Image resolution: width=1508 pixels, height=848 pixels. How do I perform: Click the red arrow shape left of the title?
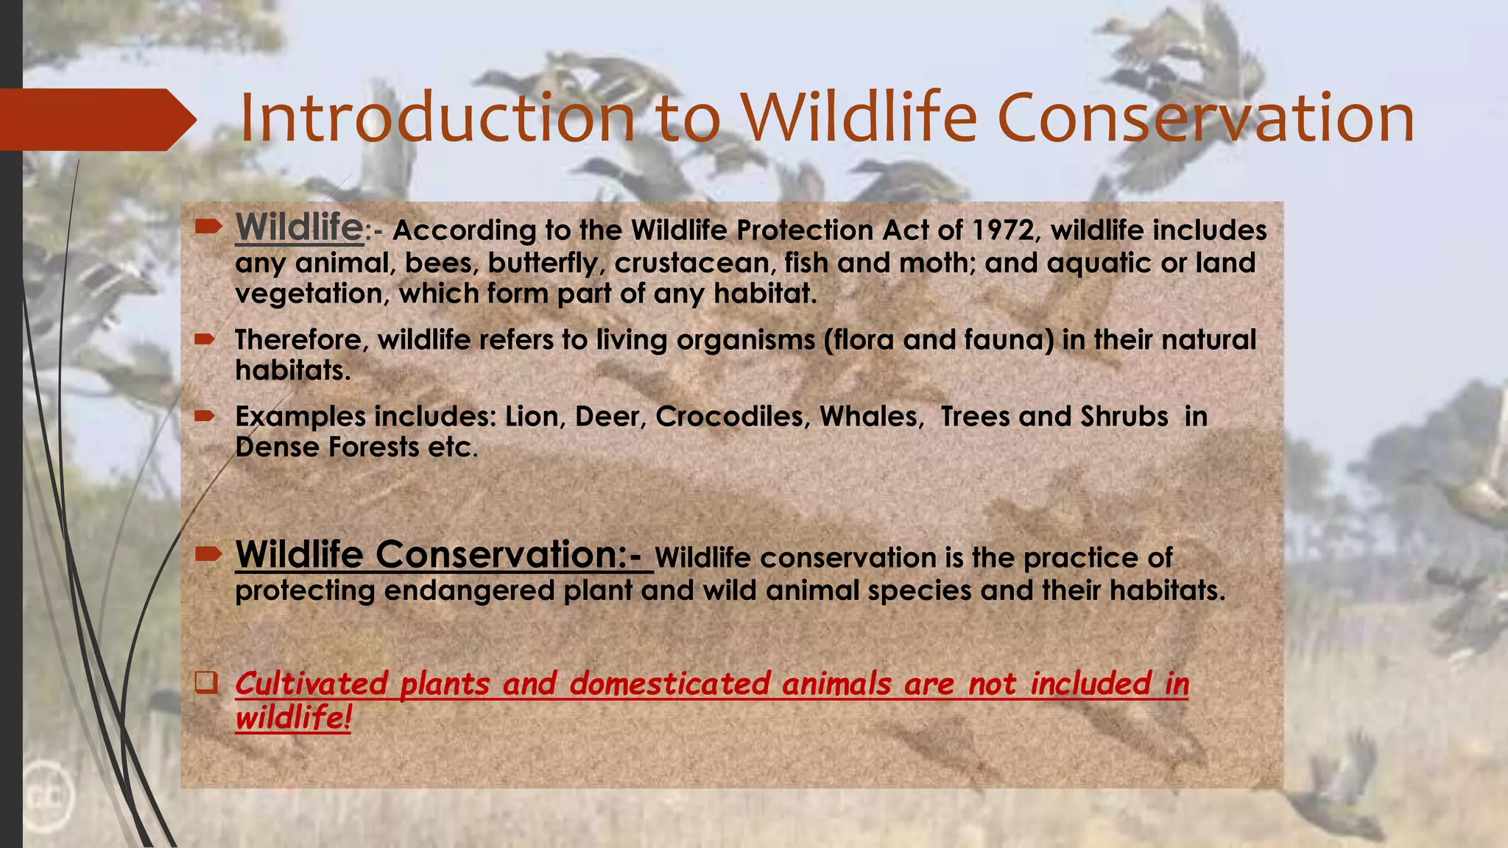(96, 119)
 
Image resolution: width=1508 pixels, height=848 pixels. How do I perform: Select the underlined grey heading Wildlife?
(299, 227)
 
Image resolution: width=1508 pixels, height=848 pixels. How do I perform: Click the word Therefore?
(302, 340)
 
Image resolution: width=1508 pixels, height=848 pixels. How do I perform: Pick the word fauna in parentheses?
(1012, 340)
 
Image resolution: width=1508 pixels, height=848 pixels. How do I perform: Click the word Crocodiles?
(733, 417)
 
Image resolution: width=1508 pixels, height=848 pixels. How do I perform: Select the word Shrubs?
(1124, 417)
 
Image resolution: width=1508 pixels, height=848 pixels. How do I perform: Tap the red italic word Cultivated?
(311, 684)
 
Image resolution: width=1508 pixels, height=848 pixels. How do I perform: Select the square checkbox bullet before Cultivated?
(206, 682)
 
